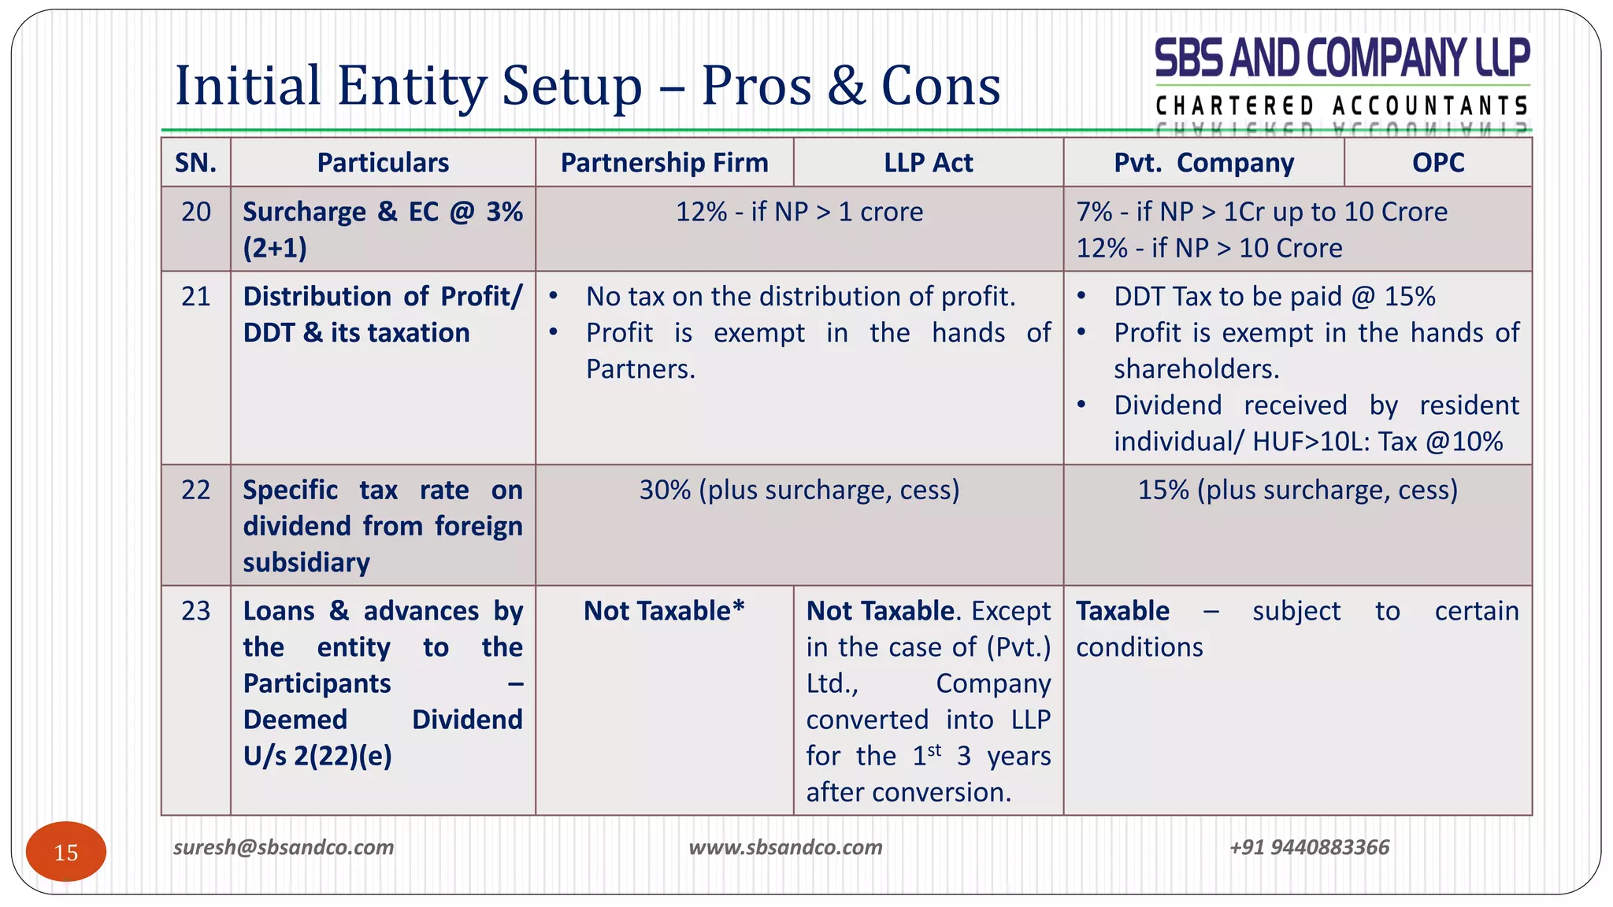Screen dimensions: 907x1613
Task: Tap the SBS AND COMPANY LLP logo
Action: [x=1342, y=79]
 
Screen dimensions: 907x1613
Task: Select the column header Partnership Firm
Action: [x=664, y=163]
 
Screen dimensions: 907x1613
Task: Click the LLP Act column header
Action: [x=928, y=163]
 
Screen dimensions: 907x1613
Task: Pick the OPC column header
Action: [x=1437, y=163]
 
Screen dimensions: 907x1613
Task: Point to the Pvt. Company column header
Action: [x=1203, y=163]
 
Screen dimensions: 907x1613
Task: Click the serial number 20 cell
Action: [x=196, y=212]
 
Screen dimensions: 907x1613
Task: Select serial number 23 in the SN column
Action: [x=196, y=611]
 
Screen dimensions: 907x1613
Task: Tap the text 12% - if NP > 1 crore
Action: [x=799, y=212]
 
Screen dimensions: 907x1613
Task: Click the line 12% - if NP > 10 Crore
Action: [x=1209, y=248]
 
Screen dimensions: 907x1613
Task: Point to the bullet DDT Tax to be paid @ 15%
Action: [x=1274, y=297]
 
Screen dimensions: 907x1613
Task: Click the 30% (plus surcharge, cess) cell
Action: [x=799, y=491]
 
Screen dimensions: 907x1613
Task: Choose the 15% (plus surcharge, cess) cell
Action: [x=1297, y=491]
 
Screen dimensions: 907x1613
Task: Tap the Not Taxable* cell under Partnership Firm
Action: [x=664, y=611]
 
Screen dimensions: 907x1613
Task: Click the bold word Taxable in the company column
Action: [x=1122, y=611]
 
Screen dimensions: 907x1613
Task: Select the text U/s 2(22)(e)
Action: [x=317, y=757]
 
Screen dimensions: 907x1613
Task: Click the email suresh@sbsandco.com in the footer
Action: [x=284, y=847]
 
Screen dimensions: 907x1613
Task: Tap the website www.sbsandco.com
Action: [x=785, y=847]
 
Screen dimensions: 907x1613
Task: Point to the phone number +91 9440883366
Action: [x=1309, y=847]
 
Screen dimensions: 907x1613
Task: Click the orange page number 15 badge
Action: [x=66, y=852]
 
